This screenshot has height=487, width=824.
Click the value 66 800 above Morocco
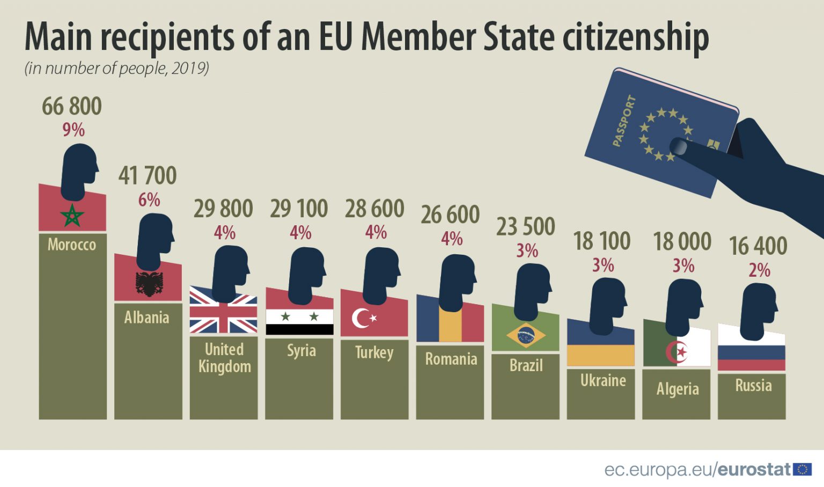coord(72,106)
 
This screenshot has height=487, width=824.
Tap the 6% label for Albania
coord(149,200)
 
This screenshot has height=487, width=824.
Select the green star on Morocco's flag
coord(72,216)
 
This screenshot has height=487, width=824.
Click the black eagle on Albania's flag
coord(149,284)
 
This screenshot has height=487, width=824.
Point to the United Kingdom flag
coord(223,311)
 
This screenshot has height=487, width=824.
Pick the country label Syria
coord(301,351)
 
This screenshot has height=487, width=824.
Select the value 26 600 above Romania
coord(450,215)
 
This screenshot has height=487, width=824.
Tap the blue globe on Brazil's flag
coord(526,335)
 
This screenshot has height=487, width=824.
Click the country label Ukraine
coord(603,380)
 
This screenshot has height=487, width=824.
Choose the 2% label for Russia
coord(759,270)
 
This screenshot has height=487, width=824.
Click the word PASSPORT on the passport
coord(624,121)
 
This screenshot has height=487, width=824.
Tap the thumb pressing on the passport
coord(682,146)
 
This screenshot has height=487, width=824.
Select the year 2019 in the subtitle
coord(189,68)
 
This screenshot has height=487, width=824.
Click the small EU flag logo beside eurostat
coord(803,469)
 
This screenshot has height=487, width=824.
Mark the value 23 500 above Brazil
coord(525,226)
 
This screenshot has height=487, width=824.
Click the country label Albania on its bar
coord(146,318)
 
